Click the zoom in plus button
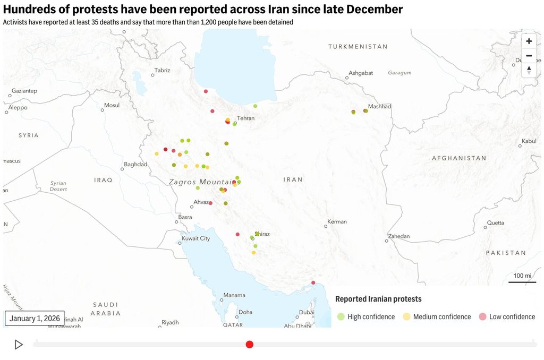coord(529,41)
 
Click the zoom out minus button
coord(529,56)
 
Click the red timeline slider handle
coord(250,345)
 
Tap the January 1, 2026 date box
coord(35,318)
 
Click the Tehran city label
coord(246,118)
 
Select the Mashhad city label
coord(379,107)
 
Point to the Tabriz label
coord(162,70)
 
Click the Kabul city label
coord(529,141)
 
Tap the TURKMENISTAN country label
coord(358,47)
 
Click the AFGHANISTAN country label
coord(459,158)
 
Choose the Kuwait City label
coord(196,238)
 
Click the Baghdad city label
coord(135,165)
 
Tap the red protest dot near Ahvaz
coord(211,203)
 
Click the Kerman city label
coord(337,221)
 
